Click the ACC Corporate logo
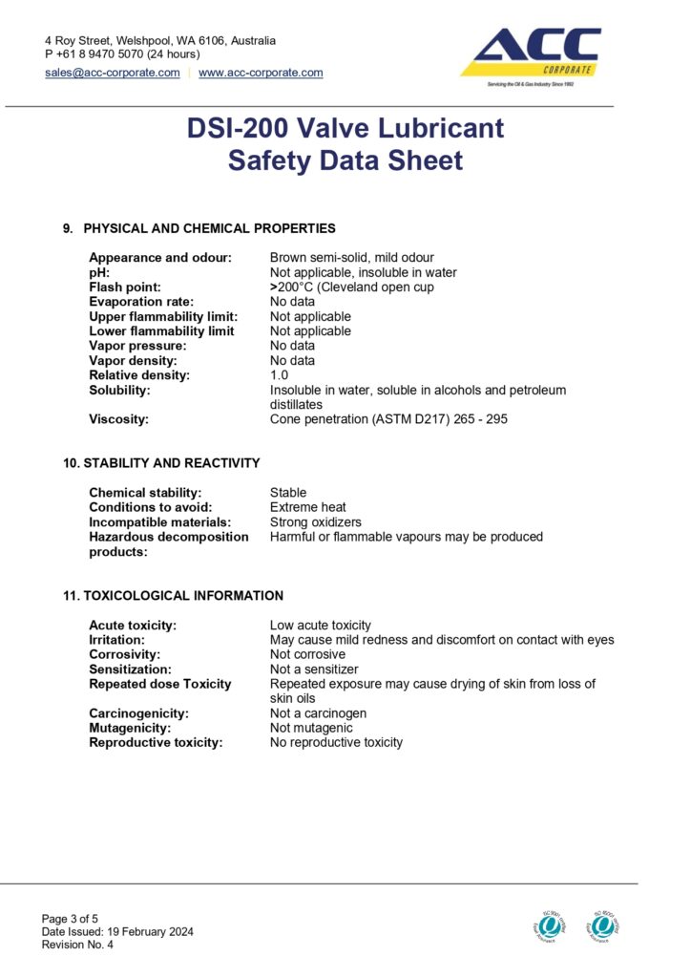532,56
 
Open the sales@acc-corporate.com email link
113,73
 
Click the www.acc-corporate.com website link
261,73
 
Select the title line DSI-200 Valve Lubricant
345,128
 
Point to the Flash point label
125,287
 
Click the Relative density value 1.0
280,375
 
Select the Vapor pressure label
137,346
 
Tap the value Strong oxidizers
316,522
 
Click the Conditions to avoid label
151,507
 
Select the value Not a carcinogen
318,713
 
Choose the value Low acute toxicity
321,625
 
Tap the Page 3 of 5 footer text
70,919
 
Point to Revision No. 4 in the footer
77,945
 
